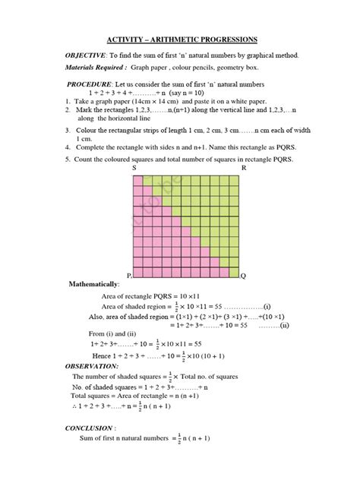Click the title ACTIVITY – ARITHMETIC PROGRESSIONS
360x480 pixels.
180,39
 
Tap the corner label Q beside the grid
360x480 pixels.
243,276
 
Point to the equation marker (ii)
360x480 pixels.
284,325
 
